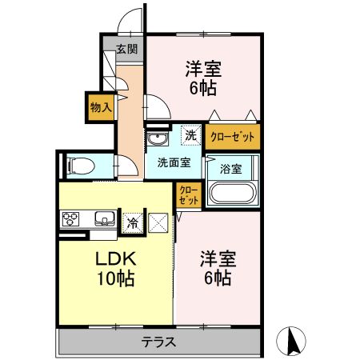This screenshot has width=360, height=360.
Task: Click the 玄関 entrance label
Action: click(x=127, y=49)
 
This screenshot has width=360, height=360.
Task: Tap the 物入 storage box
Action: click(x=101, y=107)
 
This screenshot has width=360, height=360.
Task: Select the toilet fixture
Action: click(x=81, y=166)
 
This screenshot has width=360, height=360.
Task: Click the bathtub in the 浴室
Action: click(x=233, y=193)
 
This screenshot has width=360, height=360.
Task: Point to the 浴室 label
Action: click(x=231, y=169)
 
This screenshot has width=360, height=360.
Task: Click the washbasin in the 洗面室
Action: click(x=158, y=138)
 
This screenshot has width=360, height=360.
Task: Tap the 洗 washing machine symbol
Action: click(x=191, y=135)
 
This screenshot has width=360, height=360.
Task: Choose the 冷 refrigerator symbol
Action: click(x=133, y=223)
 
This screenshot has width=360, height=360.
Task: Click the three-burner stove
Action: click(x=70, y=219)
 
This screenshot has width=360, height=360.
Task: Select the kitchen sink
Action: click(x=106, y=219)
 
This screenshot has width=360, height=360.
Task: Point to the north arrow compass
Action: click(x=291, y=341)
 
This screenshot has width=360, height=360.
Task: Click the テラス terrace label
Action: click(x=158, y=342)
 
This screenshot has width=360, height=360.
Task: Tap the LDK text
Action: click(x=116, y=258)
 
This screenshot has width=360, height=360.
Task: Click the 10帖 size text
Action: click(x=115, y=278)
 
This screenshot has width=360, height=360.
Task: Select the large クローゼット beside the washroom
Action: click(x=233, y=137)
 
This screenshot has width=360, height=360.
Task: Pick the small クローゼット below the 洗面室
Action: click(x=189, y=195)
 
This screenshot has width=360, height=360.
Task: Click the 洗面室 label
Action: click(x=174, y=162)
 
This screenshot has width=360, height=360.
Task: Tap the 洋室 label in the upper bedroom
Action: click(x=203, y=69)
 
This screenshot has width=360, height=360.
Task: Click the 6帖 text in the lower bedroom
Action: click(x=218, y=278)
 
